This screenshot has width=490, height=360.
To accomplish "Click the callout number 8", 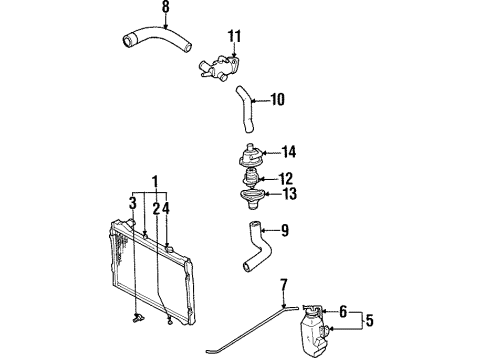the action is (x=166, y=7).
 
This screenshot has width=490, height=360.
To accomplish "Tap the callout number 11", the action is (x=234, y=36).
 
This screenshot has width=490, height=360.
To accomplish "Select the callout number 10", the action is (x=277, y=99).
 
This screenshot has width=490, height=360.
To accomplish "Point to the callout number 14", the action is (x=289, y=152).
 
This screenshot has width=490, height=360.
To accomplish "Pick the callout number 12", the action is (x=286, y=179).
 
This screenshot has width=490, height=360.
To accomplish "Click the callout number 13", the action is (x=289, y=194).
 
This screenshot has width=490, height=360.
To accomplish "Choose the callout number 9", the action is (x=284, y=230).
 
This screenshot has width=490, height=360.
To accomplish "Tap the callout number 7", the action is (x=284, y=285).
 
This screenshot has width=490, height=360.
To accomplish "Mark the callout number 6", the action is (x=343, y=312).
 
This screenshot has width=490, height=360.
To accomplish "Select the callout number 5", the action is (x=369, y=320).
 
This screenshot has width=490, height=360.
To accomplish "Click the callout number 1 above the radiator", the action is (x=155, y=182).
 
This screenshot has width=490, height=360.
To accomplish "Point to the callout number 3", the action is (x=133, y=203).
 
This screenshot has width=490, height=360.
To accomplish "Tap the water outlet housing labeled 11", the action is (x=220, y=67).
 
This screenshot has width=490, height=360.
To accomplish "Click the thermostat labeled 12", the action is (x=252, y=178).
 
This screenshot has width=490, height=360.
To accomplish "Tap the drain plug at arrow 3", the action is (x=137, y=318).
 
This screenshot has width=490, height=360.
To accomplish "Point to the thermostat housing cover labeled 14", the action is (x=252, y=156).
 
